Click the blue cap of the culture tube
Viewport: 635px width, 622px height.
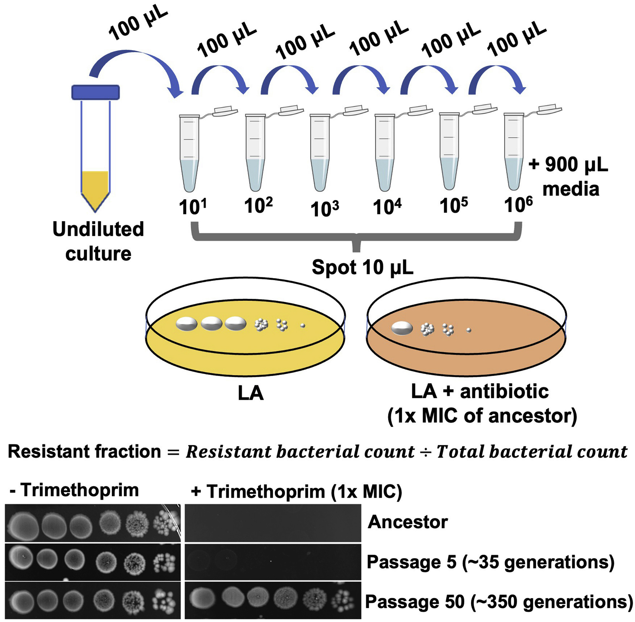[95, 92]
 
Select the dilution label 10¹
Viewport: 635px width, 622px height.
[193, 207]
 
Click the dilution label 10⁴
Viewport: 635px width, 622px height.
[387, 207]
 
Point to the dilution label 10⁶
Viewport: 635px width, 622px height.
[518, 205]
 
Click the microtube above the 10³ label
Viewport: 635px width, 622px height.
[320, 153]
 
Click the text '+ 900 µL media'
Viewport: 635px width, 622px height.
[569, 177]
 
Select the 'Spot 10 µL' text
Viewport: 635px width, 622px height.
[362, 267]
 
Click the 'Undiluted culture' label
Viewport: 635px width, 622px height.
[98, 241]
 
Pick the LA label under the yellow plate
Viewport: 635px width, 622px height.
[251, 393]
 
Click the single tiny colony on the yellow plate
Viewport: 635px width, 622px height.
[303, 326]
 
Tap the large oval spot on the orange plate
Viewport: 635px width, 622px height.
[402, 328]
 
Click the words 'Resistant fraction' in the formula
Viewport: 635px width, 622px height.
[84, 452]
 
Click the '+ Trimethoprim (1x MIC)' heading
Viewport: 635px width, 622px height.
[296, 491]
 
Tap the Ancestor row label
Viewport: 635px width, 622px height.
[407, 522]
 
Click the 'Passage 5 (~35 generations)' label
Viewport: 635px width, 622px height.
[490, 562]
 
